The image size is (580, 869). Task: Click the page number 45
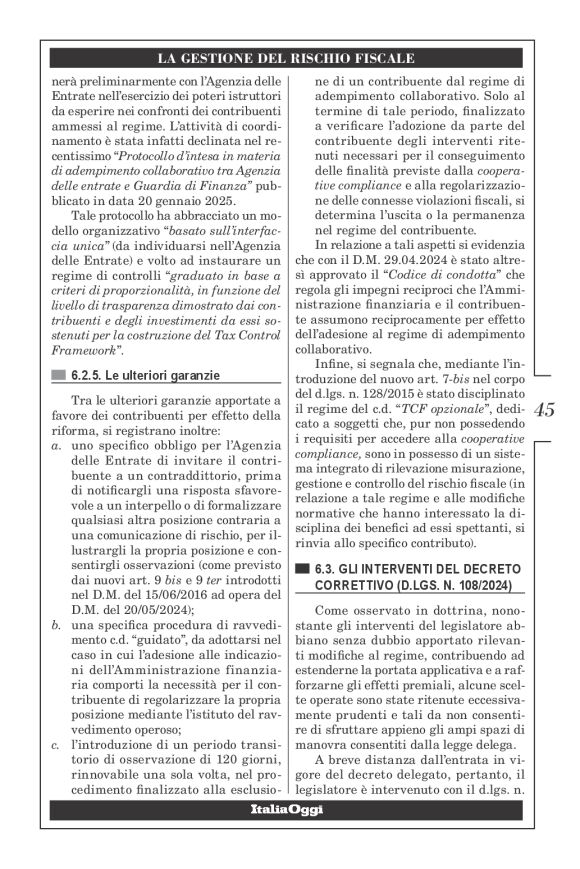[x=546, y=411]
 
